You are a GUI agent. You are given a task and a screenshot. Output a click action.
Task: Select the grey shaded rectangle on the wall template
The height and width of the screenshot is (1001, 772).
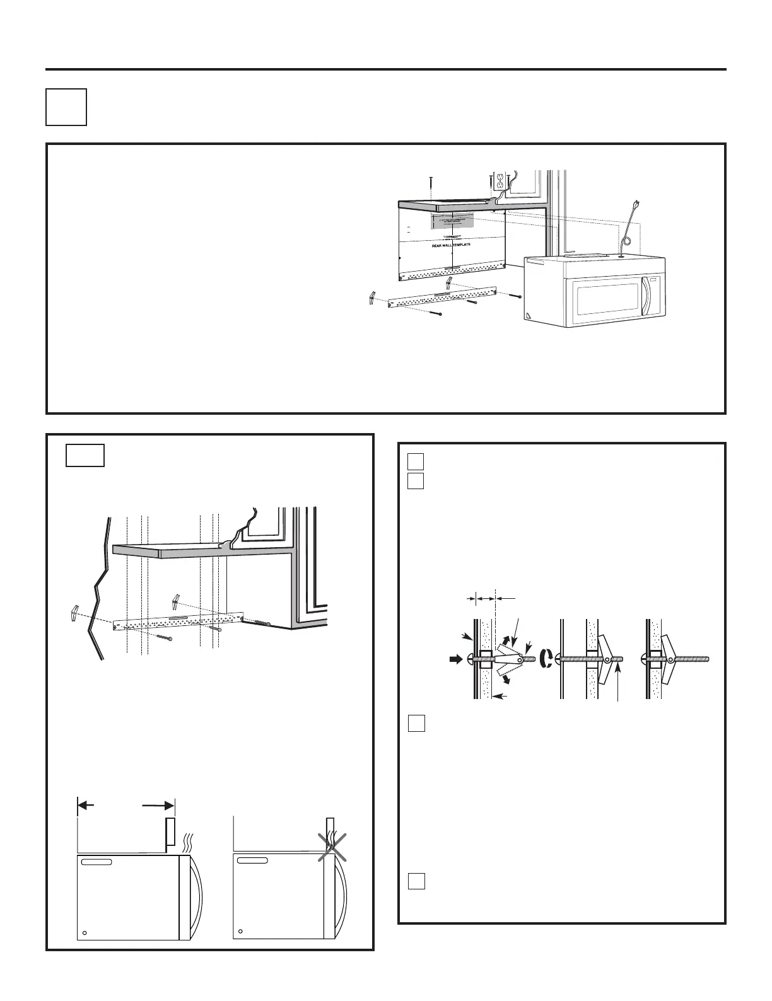coord(452,221)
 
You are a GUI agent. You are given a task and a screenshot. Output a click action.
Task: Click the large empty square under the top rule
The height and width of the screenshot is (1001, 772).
coord(66,107)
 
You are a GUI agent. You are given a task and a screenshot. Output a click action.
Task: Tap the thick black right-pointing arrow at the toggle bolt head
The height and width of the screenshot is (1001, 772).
coord(453,660)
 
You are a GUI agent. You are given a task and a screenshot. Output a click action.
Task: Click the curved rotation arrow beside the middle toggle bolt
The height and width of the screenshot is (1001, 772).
coord(546,659)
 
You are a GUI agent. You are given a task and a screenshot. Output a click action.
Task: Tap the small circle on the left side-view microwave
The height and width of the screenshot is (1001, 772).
coord(85,932)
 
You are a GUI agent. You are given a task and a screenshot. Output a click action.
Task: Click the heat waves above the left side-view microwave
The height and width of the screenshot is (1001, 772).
coord(187,840)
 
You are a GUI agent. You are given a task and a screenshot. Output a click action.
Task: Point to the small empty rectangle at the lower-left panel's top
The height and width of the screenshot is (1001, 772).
coord(85,456)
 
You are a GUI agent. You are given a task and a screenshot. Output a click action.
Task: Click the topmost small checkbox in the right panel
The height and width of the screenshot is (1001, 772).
coord(414,460)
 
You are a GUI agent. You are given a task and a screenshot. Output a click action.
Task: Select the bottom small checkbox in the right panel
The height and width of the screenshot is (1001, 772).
coord(415,881)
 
